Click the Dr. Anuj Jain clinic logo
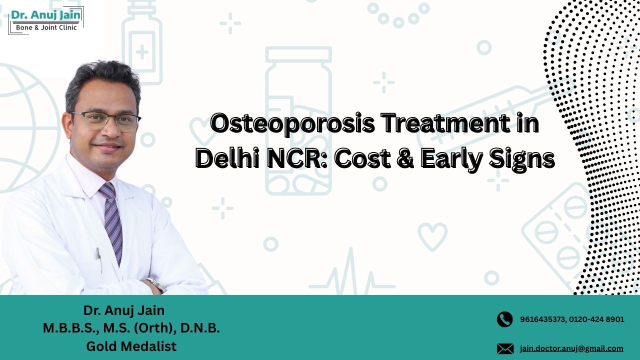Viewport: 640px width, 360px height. click(46, 20)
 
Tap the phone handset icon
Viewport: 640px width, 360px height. click(505, 319)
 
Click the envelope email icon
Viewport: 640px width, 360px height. click(505, 348)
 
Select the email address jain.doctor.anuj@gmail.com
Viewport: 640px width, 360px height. click(571, 348)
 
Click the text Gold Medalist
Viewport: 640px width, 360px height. click(131, 346)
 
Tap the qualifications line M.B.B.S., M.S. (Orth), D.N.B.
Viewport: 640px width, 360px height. click(131, 328)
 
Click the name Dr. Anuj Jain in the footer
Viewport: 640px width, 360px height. click(124, 310)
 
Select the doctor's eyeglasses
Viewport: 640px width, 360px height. click(106, 121)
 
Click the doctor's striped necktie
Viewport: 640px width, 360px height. click(112, 220)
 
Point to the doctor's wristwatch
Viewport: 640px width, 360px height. click(156, 284)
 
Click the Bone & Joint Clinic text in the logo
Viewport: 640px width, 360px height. click(46, 28)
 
